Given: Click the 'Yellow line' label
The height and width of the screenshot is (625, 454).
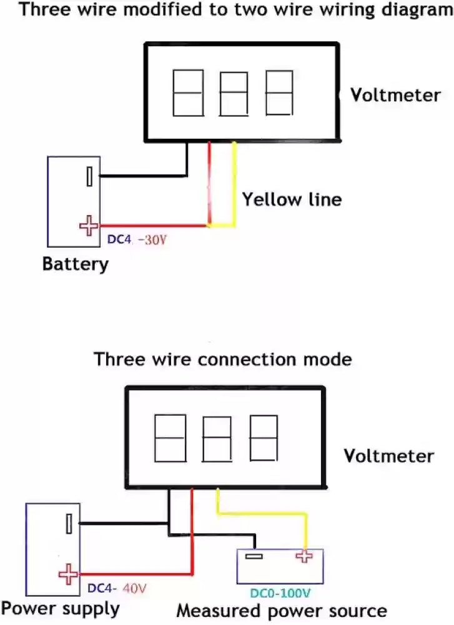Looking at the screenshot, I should [292, 199].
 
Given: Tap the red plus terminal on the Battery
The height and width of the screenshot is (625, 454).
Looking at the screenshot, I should [89, 225].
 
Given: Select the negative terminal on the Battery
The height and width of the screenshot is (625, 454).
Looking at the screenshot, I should [90, 176].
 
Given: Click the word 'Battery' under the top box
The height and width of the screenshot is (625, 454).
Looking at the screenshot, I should [75, 264].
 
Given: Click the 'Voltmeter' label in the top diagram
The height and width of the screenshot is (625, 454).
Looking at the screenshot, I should [395, 95].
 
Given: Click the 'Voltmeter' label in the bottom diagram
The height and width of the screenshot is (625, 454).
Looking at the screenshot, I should [388, 456].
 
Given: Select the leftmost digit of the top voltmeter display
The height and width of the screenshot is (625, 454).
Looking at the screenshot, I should [188, 92].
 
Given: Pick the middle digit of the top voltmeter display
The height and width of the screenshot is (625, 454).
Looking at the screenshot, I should [234, 94].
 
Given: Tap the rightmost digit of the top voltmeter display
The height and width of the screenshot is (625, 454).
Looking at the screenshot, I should [279, 92].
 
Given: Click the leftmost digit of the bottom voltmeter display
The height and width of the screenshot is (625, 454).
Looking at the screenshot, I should [170, 438].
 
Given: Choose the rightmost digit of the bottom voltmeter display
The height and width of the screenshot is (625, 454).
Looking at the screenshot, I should [264, 438].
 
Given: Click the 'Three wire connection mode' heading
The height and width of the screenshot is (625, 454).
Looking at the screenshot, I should [222, 360].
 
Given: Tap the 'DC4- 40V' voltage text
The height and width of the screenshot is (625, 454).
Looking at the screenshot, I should [117, 589].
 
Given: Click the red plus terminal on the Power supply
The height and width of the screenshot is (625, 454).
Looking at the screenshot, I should [68, 573].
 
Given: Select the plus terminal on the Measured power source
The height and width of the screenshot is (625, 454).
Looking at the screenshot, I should [304, 556].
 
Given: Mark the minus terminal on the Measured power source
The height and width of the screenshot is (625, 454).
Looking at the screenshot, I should [254, 556].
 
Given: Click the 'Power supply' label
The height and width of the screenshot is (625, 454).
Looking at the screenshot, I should [60, 608].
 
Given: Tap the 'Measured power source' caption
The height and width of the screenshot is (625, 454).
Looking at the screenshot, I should [282, 611].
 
